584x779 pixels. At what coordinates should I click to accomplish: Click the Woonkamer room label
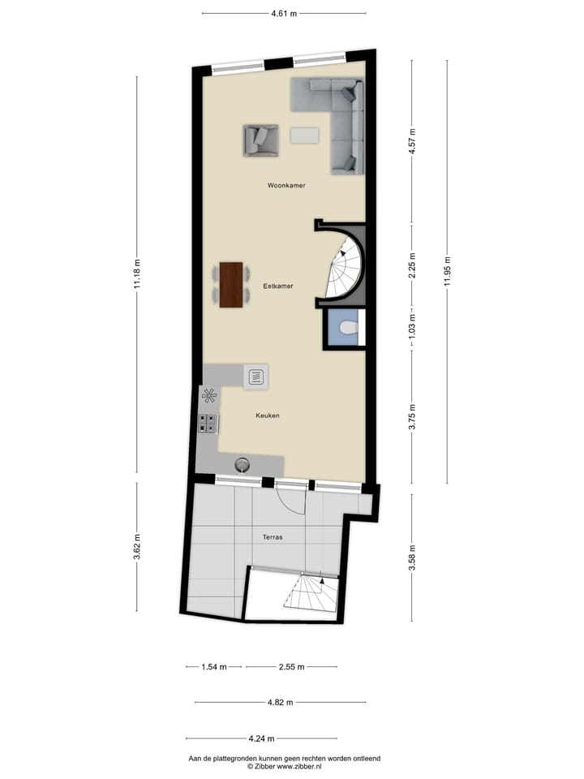click(286, 186)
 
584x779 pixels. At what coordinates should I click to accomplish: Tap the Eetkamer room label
click(277, 286)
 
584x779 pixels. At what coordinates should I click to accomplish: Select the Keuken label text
click(267, 415)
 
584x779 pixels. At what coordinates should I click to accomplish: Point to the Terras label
click(272, 537)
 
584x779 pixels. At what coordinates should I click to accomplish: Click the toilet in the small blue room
click(347, 329)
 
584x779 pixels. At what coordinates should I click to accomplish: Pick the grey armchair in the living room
click(260, 140)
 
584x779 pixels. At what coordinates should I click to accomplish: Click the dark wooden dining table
click(231, 285)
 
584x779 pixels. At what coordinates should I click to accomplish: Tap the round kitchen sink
click(242, 465)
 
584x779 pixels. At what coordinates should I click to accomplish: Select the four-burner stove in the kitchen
click(208, 423)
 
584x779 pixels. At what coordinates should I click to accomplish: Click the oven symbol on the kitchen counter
click(256, 376)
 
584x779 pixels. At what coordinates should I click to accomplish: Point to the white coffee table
click(306, 135)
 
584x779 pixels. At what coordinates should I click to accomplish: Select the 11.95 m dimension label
click(447, 271)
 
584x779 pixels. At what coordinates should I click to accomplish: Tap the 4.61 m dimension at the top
click(284, 13)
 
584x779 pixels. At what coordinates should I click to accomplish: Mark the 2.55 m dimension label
click(291, 667)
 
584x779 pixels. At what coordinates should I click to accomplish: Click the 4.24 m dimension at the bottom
click(261, 738)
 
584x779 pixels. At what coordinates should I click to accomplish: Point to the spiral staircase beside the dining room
click(344, 267)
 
